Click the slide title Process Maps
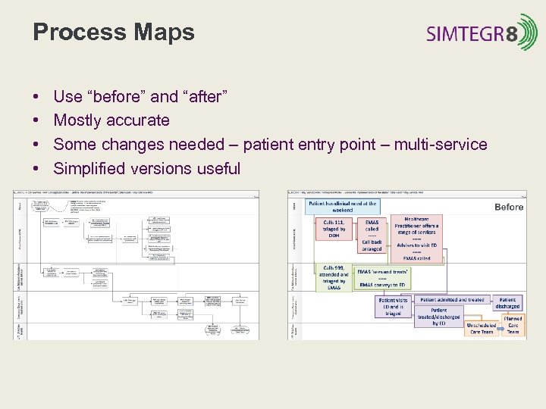tap(114, 33)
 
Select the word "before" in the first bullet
tap(117, 96)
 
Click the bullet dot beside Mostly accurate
tap(36, 120)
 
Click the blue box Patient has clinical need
tap(341, 206)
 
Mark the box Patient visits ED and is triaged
tap(393, 307)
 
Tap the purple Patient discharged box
tap(508, 303)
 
